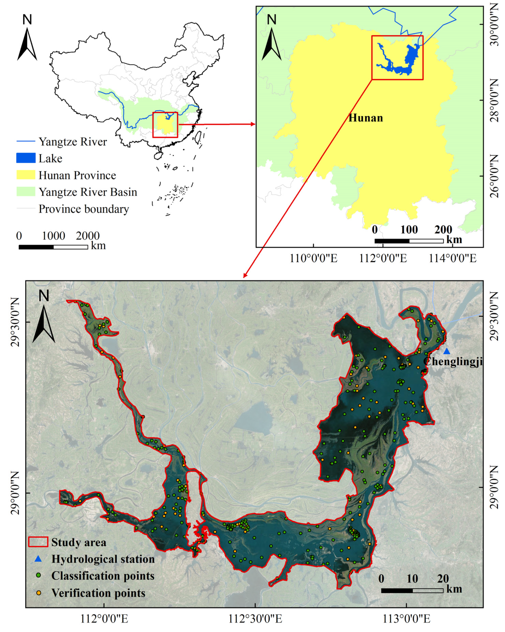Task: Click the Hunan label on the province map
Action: [365, 118]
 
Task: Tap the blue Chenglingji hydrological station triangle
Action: [446, 351]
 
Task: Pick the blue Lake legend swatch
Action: [26, 158]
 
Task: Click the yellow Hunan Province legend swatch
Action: [26, 175]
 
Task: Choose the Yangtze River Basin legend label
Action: [88, 192]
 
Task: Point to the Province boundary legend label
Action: [84, 209]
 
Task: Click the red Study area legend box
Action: [38, 542]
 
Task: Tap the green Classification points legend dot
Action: [38, 576]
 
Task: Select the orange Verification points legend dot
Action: [38, 593]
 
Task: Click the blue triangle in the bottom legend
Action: [38, 559]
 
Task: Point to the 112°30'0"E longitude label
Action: [255, 619]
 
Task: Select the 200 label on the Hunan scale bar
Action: [443, 229]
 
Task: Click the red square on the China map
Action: [165, 125]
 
